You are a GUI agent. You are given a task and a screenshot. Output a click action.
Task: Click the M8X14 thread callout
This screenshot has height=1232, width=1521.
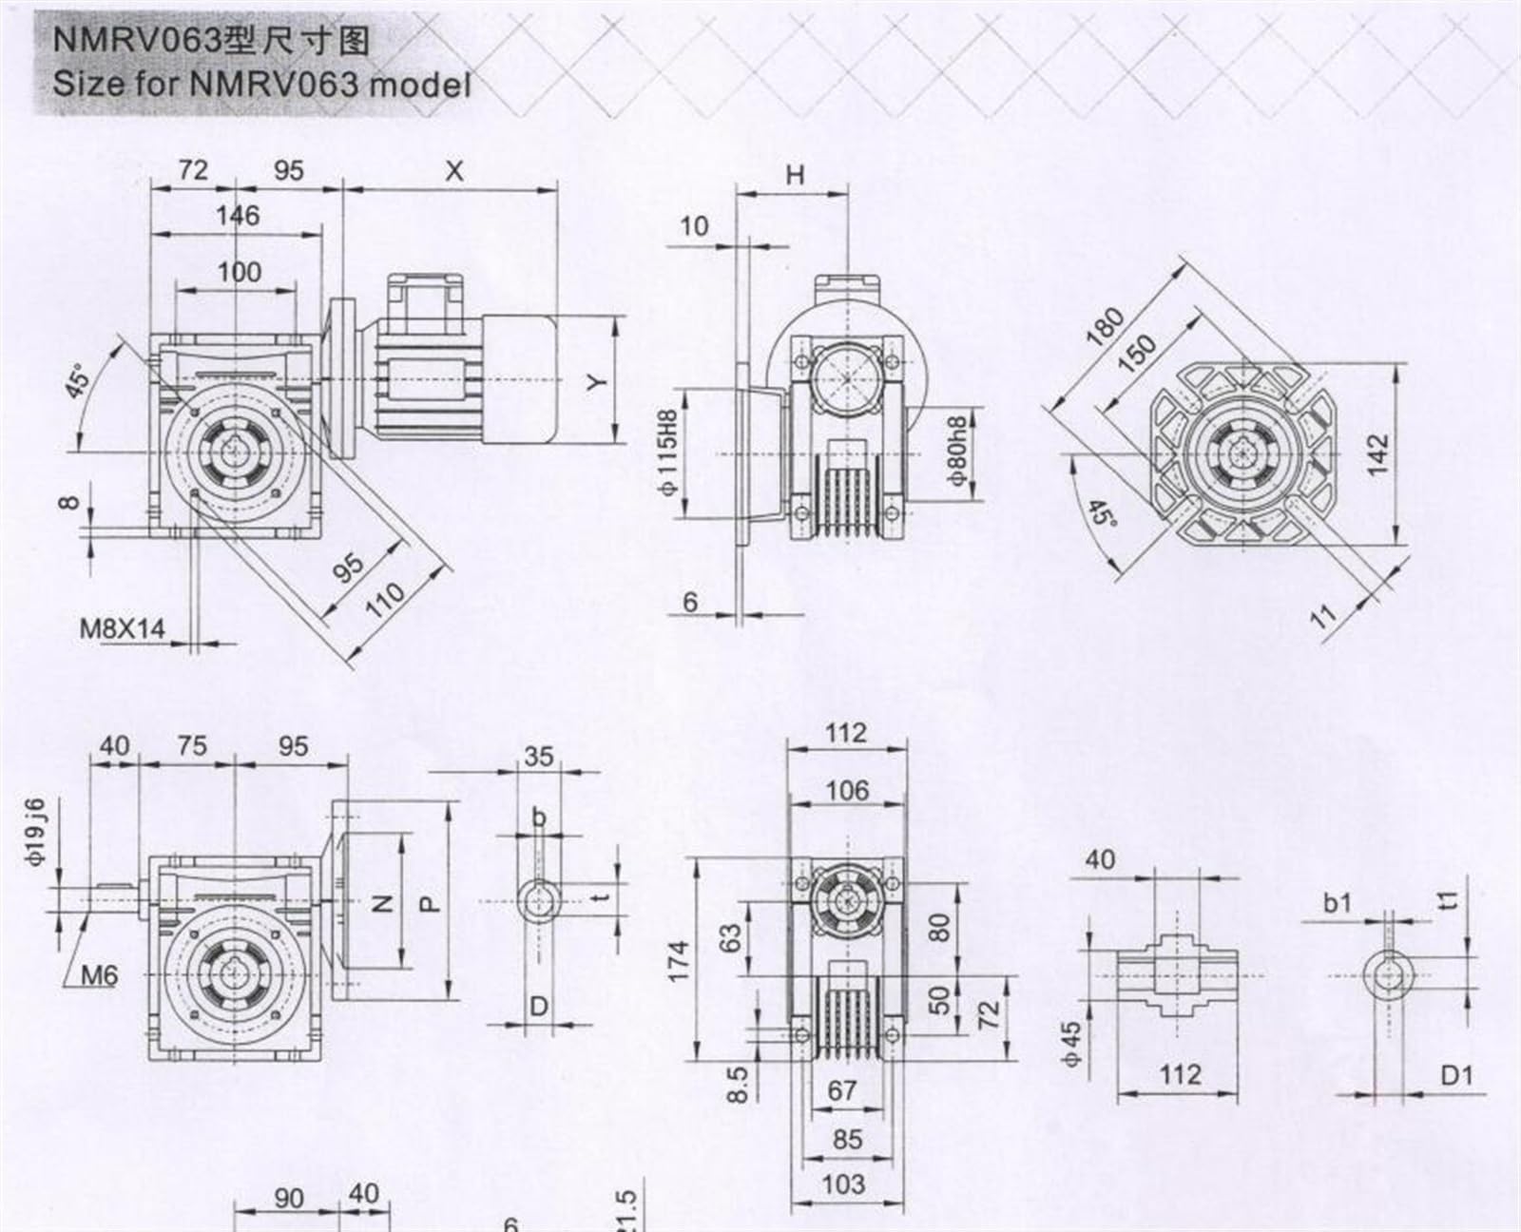click(x=122, y=628)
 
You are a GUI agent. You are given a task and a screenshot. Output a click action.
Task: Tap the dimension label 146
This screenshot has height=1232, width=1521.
click(x=238, y=216)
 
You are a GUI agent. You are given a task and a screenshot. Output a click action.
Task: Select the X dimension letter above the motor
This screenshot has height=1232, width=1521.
click(x=454, y=171)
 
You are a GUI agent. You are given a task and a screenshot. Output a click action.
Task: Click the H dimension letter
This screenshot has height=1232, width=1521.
click(x=795, y=175)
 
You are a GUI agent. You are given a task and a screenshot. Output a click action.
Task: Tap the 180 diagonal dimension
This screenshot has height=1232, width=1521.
click(x=1105, y=327)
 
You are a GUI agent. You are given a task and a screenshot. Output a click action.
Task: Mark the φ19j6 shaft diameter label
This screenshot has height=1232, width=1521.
click(x=35, y=832)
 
